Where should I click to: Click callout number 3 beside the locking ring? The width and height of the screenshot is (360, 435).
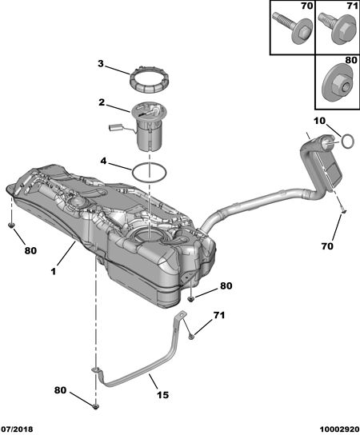(101, 64)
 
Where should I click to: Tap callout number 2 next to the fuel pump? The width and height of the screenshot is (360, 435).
(102, 102)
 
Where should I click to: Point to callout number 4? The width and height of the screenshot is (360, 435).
(103, 161)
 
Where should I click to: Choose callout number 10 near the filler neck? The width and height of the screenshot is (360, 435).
(319, 121)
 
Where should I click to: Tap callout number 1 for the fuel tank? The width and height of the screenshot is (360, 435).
(54, 271)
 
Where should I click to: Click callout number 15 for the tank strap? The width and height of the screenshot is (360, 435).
(162, 394)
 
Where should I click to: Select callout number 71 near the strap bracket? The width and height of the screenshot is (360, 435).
(219, 315)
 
